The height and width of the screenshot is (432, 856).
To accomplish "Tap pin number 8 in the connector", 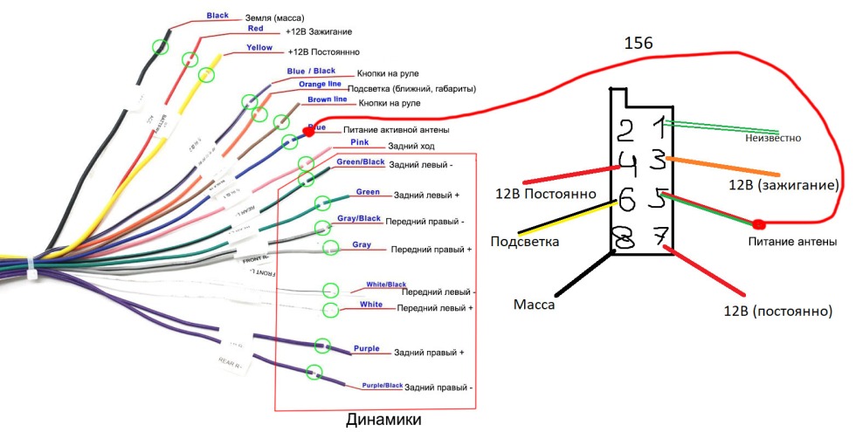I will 624,237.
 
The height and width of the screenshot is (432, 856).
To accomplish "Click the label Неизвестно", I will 772,138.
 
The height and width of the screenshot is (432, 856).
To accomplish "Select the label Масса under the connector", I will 534,305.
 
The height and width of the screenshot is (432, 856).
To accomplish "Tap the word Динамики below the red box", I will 382,421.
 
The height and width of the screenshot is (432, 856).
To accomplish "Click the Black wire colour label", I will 217,16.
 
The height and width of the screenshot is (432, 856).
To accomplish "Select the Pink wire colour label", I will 359,141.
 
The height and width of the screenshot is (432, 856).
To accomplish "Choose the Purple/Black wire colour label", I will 383,385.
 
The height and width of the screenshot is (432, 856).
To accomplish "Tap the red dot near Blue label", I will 307,132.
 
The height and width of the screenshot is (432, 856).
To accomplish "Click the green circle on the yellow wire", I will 207,75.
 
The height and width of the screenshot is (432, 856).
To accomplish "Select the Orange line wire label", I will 320,85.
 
